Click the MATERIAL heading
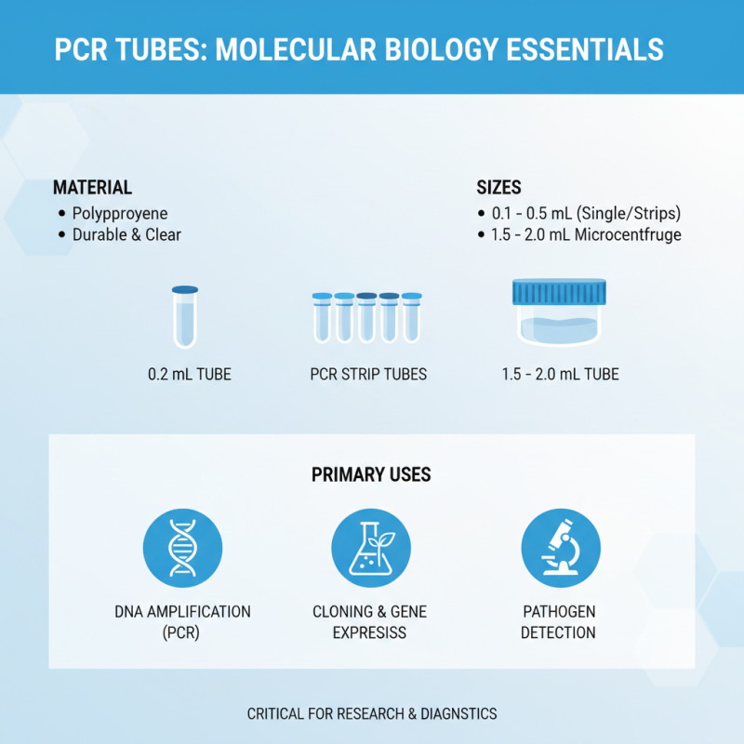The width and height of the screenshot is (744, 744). [92, 187]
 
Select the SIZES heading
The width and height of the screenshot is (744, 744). [498, 187]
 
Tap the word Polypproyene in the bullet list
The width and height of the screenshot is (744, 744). [120, 213]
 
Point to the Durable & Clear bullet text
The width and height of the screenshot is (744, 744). [126, 234]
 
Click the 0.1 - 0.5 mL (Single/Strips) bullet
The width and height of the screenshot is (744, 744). [587, 213]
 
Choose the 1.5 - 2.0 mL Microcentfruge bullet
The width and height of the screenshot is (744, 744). [586, 234]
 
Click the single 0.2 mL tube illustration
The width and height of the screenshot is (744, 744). [185, 316]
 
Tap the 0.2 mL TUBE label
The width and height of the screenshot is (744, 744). [190, 375]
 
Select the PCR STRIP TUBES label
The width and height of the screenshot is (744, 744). [368, 375]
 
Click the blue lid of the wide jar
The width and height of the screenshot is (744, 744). [559, 293]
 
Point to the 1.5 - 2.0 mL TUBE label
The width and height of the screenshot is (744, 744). [560, 375]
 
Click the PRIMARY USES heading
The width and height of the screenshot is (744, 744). [371, 474]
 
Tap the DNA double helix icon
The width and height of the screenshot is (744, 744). [182, 548]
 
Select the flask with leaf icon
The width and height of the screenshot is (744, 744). [371, 548]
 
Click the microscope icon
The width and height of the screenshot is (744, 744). [559, 548]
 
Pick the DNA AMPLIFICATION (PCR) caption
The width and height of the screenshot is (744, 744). [182, 622]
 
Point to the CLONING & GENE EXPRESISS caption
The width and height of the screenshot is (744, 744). [371, 622]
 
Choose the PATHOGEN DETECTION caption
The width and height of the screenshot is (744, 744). [558, 622]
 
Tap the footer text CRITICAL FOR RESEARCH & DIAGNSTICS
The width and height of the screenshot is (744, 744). [372, 714]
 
